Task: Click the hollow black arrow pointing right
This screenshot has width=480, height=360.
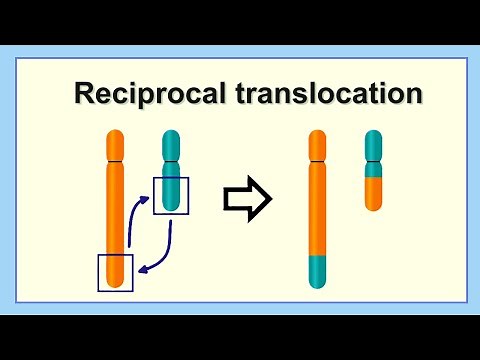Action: click(x=246, y=201)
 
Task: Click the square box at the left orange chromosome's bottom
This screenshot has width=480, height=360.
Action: click(x=115, y=271)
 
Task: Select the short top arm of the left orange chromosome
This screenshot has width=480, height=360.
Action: click(x=116, y=145)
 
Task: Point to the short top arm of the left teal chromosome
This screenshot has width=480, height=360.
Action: click(x=171, y=146)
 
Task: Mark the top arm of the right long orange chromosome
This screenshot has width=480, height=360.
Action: click(x=317, y=145)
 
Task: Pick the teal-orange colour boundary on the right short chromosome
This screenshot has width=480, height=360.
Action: click(x=373, y=177)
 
